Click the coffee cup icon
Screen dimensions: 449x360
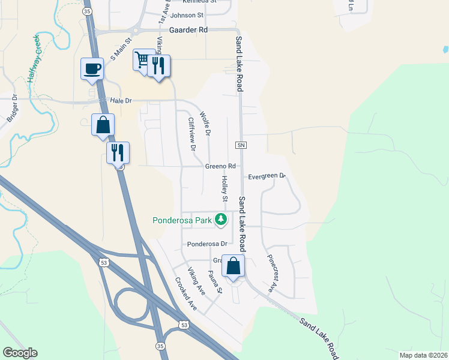point(92,68)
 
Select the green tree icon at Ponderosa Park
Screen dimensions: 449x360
point(221,220)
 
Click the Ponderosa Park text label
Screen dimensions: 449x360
point(182,220)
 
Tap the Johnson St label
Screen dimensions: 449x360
point(187,15)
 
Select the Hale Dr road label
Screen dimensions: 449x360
point(120,101)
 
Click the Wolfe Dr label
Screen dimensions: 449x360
point(204,123)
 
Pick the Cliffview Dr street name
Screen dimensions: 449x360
point(192,133)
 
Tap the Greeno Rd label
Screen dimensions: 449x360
point(220,166)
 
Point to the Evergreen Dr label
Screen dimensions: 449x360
point(267,176)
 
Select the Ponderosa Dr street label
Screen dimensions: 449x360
point(207,244)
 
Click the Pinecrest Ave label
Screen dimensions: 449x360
point(271,274)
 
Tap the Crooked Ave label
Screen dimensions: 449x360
point(186,293)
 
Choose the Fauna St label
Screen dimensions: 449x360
point(215,282)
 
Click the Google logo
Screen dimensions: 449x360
point(20,353)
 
